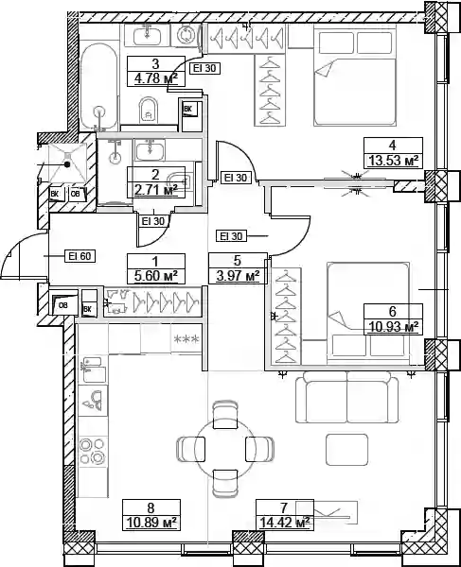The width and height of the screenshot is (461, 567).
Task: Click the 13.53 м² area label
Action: coord(393,160)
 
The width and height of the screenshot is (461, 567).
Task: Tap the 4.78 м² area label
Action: coord(156,78)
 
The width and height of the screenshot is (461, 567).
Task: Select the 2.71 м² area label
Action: coord(156,190)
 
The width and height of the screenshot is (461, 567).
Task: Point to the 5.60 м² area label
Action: coord(156,276)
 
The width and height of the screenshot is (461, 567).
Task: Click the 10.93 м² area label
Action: coord(393,327)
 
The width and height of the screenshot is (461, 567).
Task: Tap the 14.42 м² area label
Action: coord(285,523)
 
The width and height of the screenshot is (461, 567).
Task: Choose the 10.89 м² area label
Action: coord(151,523)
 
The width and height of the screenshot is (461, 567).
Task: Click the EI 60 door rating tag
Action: coord(80,256)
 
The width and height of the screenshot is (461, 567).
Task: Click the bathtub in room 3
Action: coord(98,87)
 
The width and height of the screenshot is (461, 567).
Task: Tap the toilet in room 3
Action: coord(148,110)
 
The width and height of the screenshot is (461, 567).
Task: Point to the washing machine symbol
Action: coord(186,35)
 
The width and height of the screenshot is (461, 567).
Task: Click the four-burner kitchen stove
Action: coord(93,451)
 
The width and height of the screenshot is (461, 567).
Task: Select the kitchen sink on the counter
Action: coord(93,369)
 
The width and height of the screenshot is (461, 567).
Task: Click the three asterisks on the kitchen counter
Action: coord(186,339)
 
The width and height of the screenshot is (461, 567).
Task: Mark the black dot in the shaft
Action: coord(67,164)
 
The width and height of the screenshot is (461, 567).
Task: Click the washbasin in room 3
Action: coord(148,36)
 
